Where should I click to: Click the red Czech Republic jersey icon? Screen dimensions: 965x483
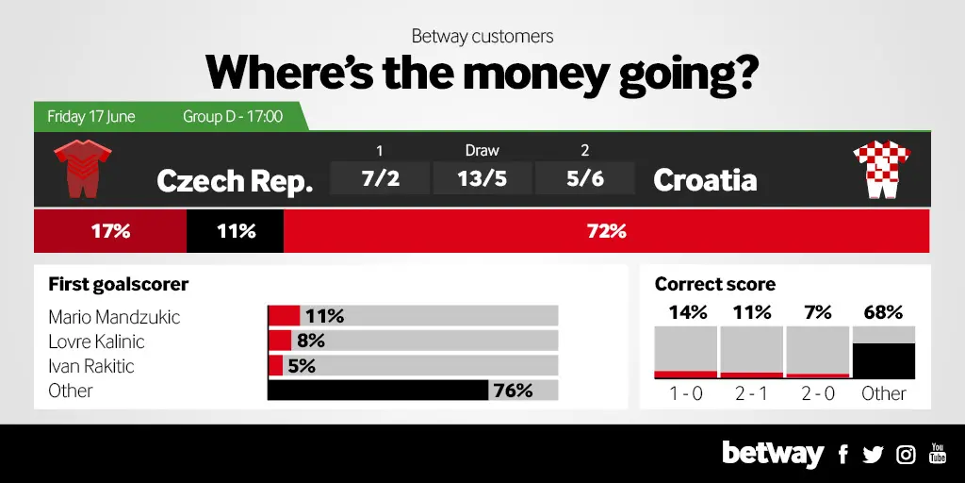coord(83,168)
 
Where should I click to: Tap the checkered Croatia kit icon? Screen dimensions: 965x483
coord(882,170)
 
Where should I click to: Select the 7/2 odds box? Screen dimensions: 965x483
coord(380,178)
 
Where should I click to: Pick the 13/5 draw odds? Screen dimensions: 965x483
coord(482,178)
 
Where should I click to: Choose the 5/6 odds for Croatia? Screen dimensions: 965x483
coord(584,178)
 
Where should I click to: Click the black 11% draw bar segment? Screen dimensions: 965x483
coord(235,231)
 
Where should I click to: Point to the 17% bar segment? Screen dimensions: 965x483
coord(110,231)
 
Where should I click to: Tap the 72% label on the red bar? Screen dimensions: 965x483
coord(606,232)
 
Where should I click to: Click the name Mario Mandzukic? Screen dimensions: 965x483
coord(114,317)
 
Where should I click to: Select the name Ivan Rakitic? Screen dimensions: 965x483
coord(91,366)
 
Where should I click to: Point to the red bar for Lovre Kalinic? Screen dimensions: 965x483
coord(279,340)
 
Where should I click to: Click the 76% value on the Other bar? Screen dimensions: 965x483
coord(512,390)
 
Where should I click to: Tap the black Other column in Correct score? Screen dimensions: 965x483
coord(883,361)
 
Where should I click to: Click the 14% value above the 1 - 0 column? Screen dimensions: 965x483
coord(687,312)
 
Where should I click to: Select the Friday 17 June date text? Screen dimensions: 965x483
coord(91,116)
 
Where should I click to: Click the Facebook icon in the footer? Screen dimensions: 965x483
coord(843,455)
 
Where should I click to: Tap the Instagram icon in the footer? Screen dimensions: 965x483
coord(906,455)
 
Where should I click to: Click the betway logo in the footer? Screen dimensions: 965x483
coord(773,455)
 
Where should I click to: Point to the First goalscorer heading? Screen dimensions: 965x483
coord(118,285)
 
